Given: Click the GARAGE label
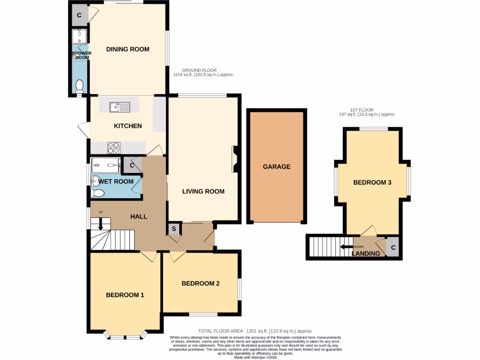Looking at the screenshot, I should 277,166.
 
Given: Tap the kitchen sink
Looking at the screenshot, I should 120,107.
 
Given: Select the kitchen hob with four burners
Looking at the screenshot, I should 114,148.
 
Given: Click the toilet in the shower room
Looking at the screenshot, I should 79,86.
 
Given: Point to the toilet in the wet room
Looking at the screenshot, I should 97,193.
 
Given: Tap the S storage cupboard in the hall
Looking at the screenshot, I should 174,229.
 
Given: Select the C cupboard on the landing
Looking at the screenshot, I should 393,247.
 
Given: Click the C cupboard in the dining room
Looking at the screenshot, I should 79,15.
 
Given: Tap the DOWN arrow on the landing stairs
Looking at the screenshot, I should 346,247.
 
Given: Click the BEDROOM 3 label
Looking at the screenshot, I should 372,182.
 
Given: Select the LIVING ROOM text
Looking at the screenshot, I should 203,191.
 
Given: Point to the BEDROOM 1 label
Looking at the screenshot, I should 125,295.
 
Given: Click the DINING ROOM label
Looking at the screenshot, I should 127,49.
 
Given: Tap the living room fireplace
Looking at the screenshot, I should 235,159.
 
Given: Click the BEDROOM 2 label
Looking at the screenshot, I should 201,283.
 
